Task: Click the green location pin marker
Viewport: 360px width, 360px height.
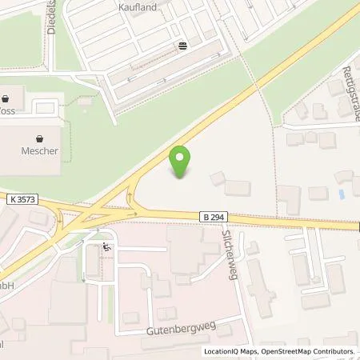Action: [x=182, y=162]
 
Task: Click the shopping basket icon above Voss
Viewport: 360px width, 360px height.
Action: [x=7, y=99]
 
